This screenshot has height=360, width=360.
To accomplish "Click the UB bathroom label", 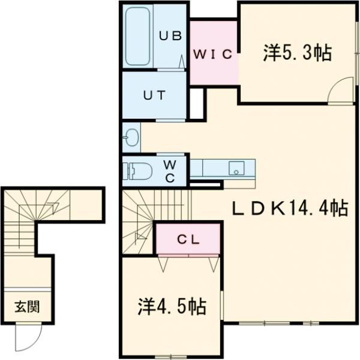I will click(x=170, y=35).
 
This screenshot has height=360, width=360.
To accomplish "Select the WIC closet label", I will click(x=212, y=54).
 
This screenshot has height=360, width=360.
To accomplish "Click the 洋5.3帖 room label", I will click(x=297, y=53).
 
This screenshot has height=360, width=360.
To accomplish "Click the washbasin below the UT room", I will click(x=130, y=139).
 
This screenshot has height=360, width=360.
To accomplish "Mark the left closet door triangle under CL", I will click(x=163, y=262).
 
